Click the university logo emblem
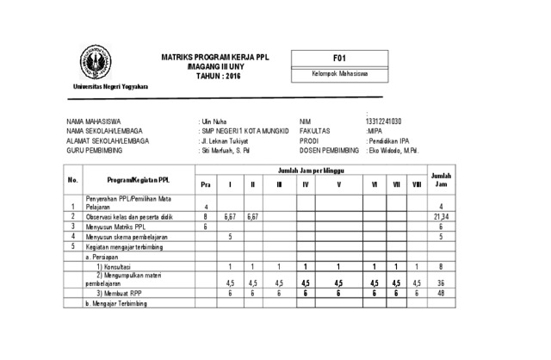[96, 63]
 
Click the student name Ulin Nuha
[214, 121]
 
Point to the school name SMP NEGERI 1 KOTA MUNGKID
[245, 130]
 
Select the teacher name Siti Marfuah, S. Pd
[226, 150]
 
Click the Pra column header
[205, 184]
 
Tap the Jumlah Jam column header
[441, 179]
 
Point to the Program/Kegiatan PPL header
[138, 179]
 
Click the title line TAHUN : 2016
[215, 77]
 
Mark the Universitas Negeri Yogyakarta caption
[109, 87]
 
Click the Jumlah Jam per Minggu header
[310, 171]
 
